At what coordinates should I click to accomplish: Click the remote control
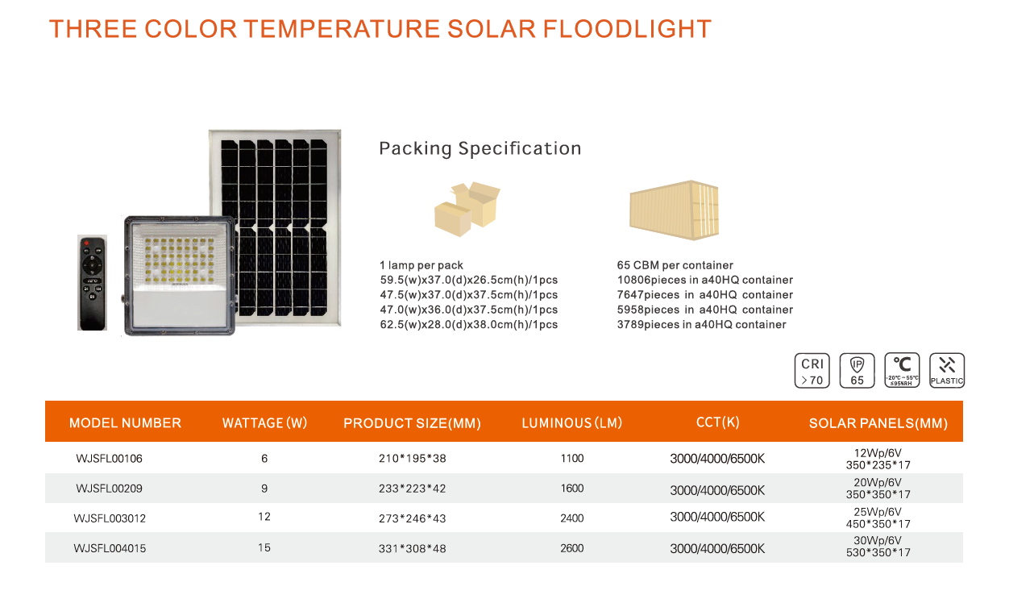[92, 283]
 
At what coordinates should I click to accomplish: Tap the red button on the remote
[86, 243]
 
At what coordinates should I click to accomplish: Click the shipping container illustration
[674, 210]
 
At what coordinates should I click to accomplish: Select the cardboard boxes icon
[467, 209]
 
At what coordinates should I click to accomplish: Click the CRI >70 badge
[812, 371]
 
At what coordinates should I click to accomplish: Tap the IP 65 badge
[857, 371]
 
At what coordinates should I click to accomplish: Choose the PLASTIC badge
[947, 371]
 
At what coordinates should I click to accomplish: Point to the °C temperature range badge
[902, 371]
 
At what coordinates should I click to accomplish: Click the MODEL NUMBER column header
[125, 422]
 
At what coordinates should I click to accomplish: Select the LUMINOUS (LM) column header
[572, 422]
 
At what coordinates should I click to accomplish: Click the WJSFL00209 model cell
[109, 488]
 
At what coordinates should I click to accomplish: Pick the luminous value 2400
[572, 518]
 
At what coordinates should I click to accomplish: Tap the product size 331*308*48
[412, 548]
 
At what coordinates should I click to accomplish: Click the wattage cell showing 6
[264, 459]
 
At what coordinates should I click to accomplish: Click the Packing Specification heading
[480, 148]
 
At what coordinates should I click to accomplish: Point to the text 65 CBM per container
[675, 265]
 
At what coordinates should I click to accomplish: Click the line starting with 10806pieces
[705, 280]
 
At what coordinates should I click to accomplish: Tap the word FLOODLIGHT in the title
[627, 29]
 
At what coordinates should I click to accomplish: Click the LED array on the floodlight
[179, 260]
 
